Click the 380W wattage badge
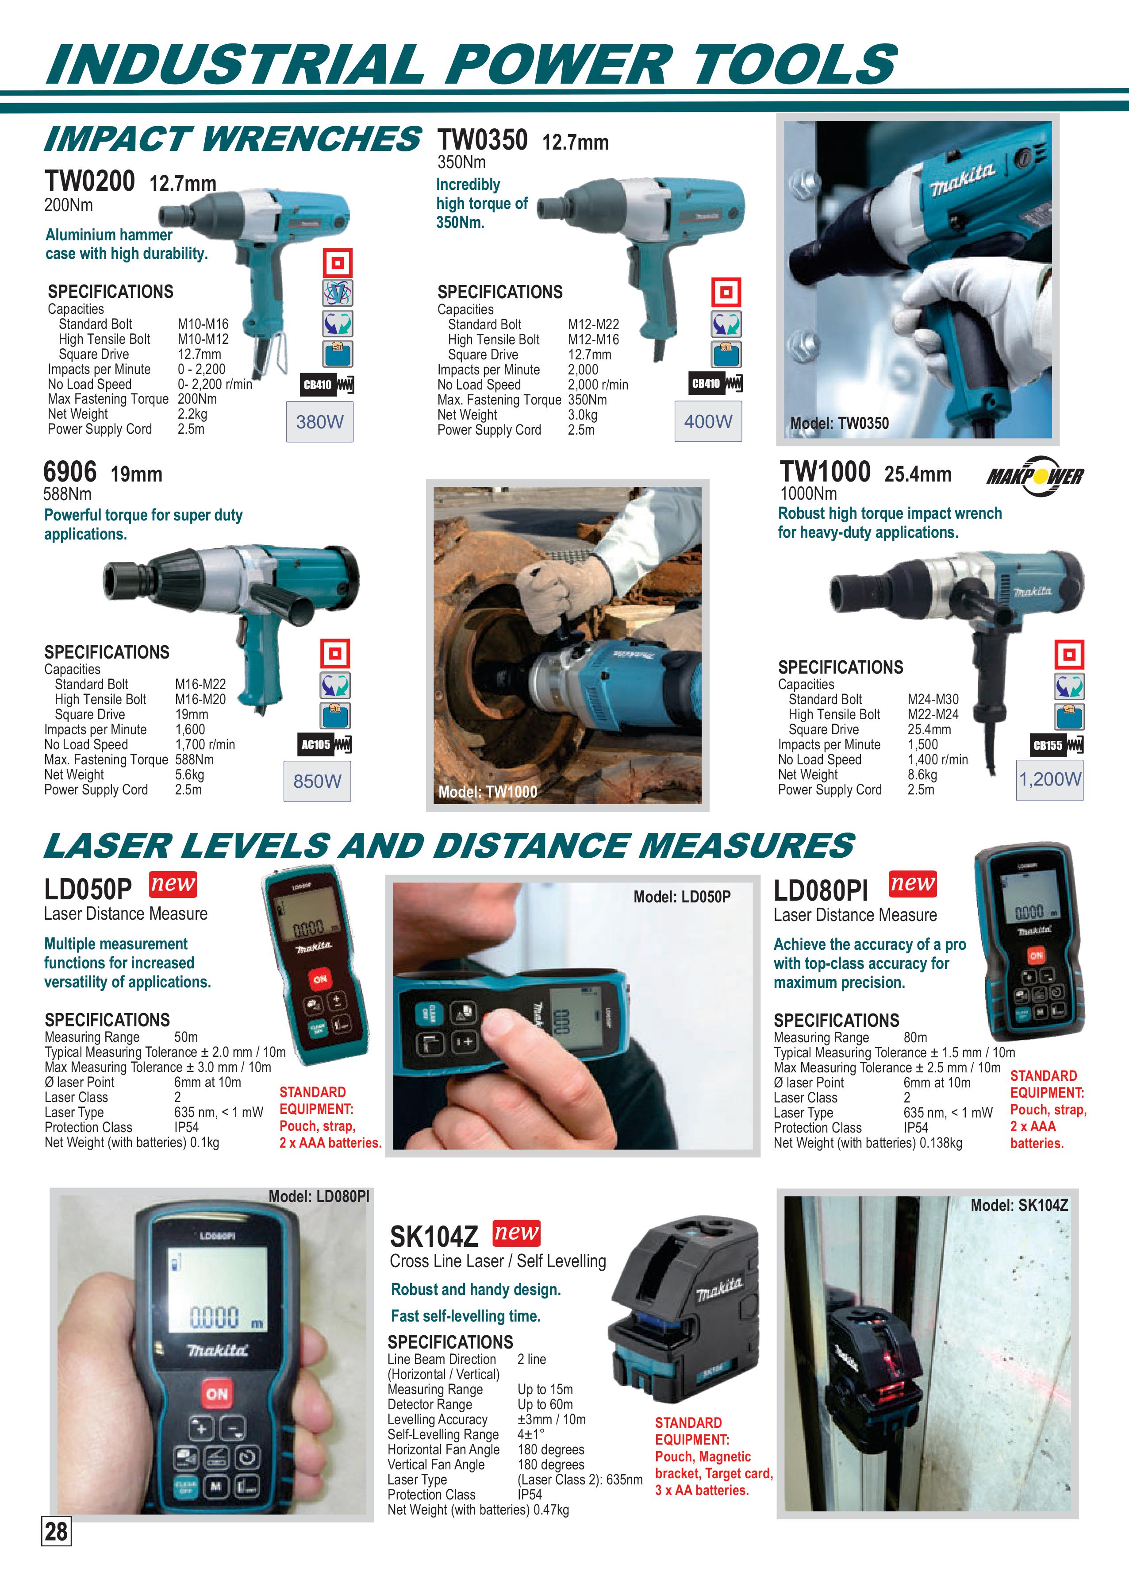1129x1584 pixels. [320, 421]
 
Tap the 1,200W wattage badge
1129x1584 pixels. [1050, 779]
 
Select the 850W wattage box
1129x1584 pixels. [317, 781]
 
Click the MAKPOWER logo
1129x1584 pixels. [1034, 476]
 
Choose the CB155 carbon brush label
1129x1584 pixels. [1057, 745]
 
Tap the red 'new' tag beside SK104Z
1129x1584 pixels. [516, 1233]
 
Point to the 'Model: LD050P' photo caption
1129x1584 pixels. [682, 897]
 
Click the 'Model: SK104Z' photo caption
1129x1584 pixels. [1019, 1206]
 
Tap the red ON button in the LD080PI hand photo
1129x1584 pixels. [217, 1394]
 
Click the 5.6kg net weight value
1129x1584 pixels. [189, 775]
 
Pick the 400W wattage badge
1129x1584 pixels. [708, 421]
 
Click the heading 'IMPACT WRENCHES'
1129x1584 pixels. [232, 139]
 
